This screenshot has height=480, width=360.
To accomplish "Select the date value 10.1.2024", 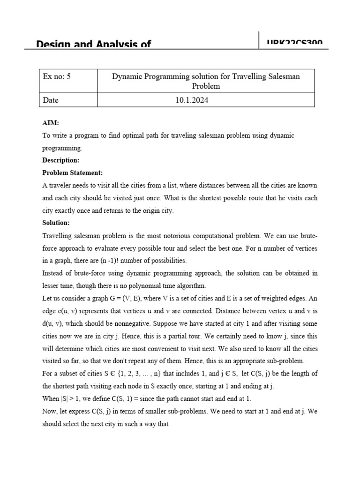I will click(205, 100).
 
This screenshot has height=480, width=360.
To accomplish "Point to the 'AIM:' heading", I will click(51, 123).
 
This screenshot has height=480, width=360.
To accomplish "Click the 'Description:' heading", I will click(60, 160).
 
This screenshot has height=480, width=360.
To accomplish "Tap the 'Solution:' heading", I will click(56, 222).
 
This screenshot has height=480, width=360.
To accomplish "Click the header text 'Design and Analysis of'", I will click(94, 44).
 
